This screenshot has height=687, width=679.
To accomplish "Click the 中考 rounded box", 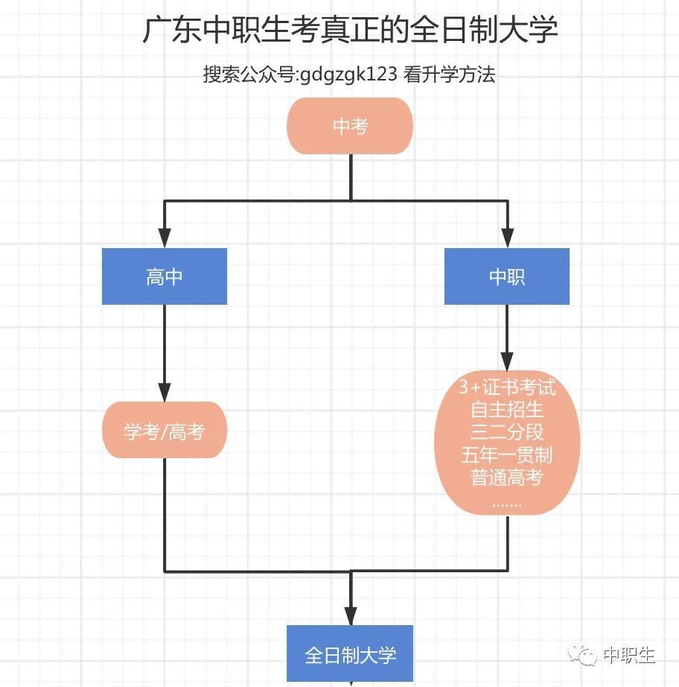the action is [350, 126].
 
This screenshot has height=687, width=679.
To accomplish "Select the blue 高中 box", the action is [165, 276].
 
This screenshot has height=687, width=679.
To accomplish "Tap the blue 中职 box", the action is [507, 276].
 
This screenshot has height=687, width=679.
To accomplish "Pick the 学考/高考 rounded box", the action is [165, 430].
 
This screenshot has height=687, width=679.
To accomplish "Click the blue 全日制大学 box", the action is [350, 653].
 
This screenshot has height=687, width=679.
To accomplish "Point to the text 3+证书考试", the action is [507, 387].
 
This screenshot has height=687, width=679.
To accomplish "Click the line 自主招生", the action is [507, 410].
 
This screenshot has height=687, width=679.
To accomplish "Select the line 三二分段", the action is [507, 432].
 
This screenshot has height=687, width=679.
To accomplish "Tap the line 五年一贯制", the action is [507, 455].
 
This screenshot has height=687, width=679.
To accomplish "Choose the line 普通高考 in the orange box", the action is [507, 477].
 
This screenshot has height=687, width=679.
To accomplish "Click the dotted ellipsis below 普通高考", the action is [507, 505].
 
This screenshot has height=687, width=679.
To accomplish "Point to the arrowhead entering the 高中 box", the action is [165, 238].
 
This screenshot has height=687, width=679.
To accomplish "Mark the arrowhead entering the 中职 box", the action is [508, 238].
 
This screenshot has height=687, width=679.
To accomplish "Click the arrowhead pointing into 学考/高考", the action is [165, 392].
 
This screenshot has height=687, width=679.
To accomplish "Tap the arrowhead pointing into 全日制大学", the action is [351, 615].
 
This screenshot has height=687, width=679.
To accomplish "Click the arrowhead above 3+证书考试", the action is [507, 361].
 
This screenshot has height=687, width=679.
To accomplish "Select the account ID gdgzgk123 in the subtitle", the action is [348, 74].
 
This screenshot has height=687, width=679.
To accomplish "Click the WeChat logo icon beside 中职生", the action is [582, 656].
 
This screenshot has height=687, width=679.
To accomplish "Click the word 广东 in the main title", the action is [172, 29].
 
